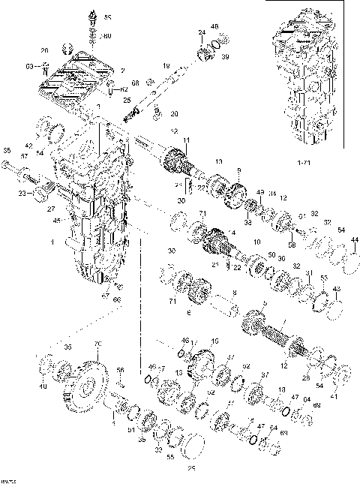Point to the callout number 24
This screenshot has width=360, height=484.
[202, 32]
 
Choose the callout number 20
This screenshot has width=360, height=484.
[174, 114]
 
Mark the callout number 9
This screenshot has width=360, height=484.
[239, 170]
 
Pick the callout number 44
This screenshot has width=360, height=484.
[355, 239]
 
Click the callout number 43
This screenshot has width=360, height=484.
[335, 290]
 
